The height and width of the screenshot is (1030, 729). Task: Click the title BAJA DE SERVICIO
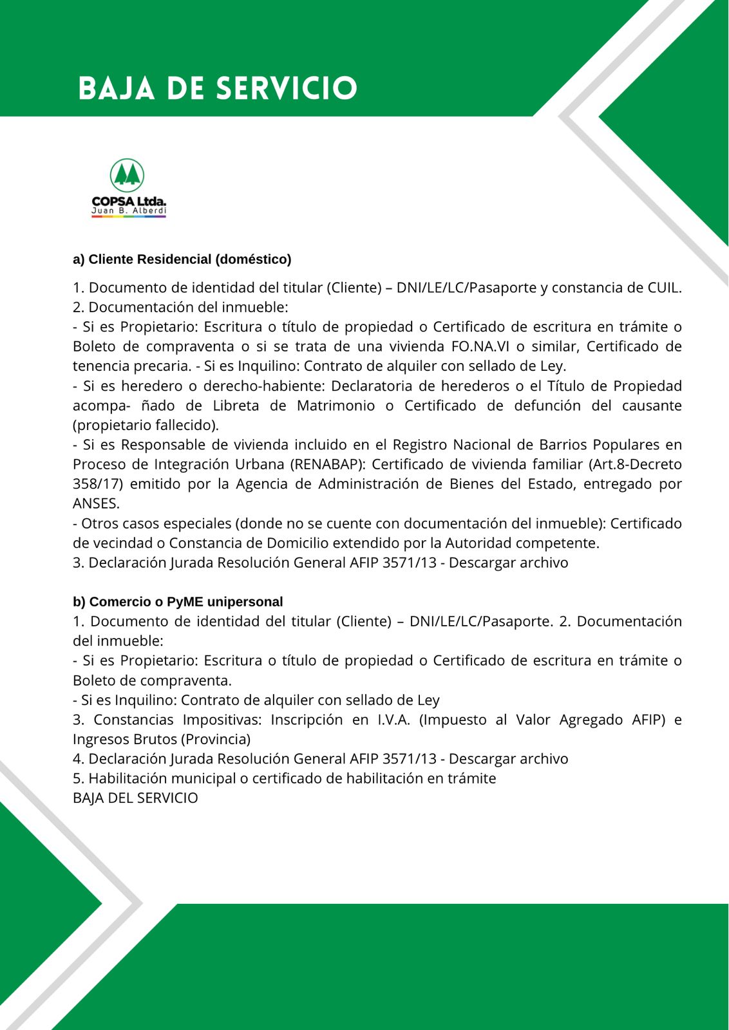(218, 88)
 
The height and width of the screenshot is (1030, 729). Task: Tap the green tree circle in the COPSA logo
(127, 175)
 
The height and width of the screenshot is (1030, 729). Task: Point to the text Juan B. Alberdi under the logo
(129, 211)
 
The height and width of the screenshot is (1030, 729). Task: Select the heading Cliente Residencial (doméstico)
(182, 259)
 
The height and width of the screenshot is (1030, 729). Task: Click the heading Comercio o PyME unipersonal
(178, 601)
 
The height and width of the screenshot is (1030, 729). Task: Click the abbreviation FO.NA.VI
(476, 346)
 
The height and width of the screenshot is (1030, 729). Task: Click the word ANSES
(96, 503)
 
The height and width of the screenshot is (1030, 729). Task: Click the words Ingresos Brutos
(126, 739)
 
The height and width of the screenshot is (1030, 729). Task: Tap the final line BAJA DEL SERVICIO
(135, 798)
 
